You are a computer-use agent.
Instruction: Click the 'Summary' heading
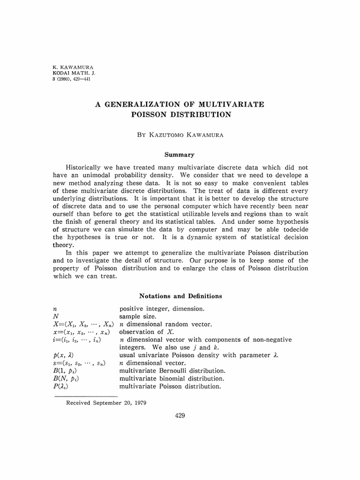click(180, 154)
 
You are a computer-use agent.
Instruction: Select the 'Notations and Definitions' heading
click(180, 296)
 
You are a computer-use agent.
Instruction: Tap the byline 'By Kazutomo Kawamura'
click(180, 135)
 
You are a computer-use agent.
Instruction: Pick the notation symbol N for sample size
click(56, 316)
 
